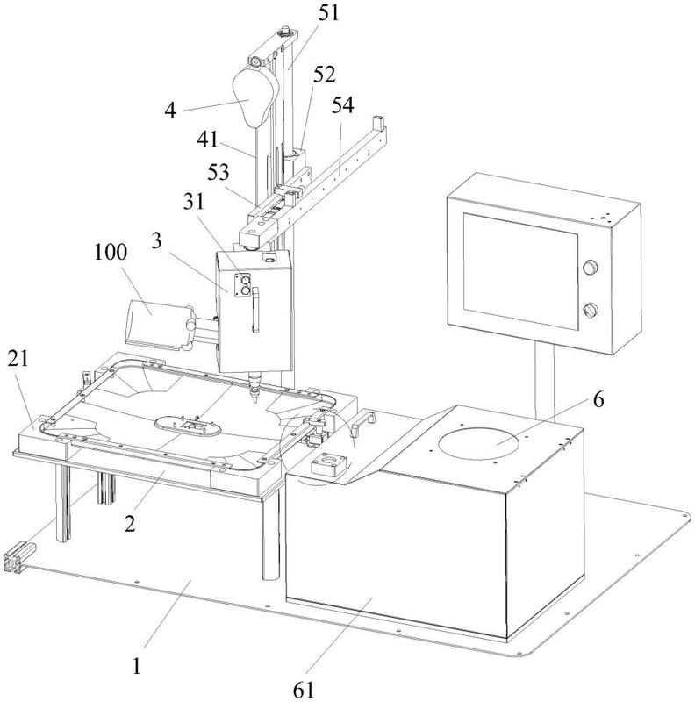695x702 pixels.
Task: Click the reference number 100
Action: pos(111,252)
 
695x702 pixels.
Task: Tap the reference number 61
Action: pos(304,690)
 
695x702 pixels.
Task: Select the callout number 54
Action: pos(342,104)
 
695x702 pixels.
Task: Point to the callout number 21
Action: pos(18,359)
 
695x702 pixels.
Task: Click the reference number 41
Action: pos(207,140)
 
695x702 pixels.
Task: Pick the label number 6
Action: pos(598,399)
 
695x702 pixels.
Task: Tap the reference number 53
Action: pos(219,172)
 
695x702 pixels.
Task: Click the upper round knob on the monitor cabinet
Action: pos(590,268)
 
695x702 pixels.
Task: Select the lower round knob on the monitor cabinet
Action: pos(590,310)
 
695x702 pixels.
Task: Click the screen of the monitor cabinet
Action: pos(520,271)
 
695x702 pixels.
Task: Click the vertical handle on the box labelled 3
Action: pos(255,310)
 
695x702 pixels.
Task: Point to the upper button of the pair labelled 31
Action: pos(245,280)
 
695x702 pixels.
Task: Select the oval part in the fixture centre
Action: pos(188,426)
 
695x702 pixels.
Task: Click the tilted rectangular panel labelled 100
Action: pos(154,322)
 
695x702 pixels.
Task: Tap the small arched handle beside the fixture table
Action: pos(362,422)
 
